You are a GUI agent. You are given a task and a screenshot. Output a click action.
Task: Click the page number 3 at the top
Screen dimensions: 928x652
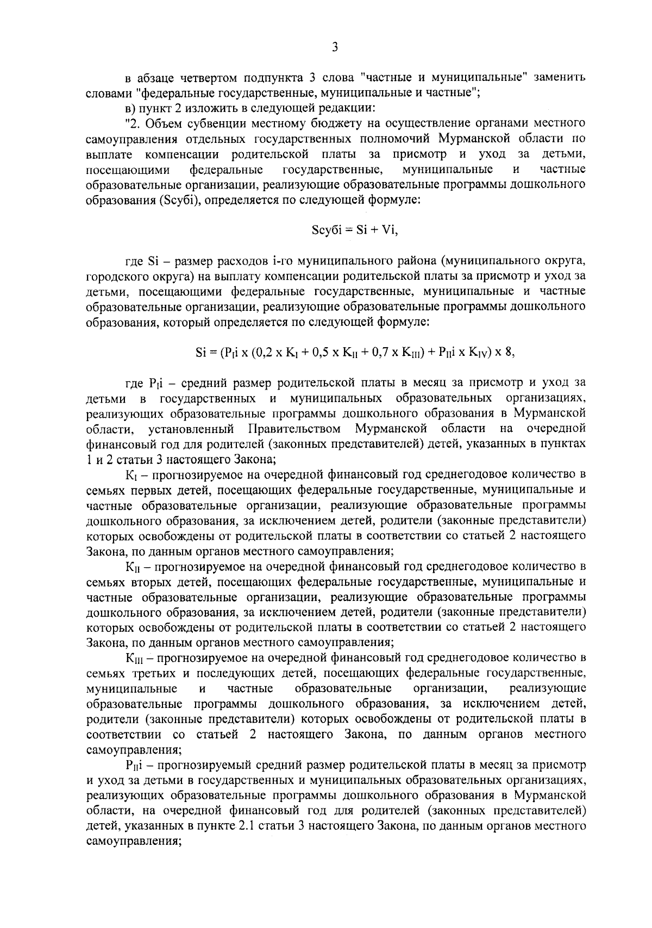click(x=335, y=48)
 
